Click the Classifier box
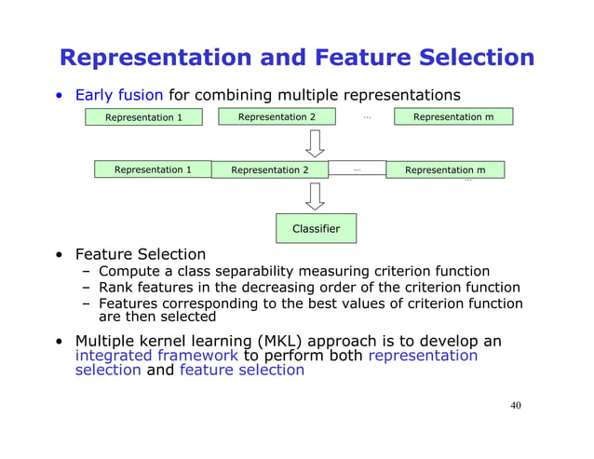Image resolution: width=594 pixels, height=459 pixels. pyautogui.click(x=316, y=228)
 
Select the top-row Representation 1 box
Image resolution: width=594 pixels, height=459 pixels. pyautogui.click(x=143, y=117)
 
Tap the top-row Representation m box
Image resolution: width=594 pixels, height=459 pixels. pyautogui.click(x=453, y=116)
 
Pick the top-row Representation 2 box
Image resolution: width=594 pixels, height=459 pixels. pyautogui.click(x=277, y=116)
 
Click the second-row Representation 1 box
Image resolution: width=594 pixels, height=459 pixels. pyautogui.click(x=153, y=169)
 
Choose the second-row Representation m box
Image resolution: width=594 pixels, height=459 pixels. pyautogui.click(x=445, y=169)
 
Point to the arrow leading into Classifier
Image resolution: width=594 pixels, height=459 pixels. pyautogui.click(x=315, y=196)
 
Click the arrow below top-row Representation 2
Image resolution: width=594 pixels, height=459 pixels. pyautogui.click(x=315, y=143)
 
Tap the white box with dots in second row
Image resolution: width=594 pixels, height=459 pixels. pyautogui.click(x=357, y=168)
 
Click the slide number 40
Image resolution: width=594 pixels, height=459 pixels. pyautogui.click(x=516, y=406)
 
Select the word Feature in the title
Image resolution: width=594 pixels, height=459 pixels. pyautogui.click(x=363, y=58)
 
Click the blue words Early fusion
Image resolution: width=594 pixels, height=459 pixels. pyautogui.click(x=119, y=95)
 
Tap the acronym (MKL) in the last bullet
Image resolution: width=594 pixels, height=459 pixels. pyautogui.click(x=279, y=341)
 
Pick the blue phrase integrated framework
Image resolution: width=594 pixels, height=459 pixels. pyautogui.click(x=156, y=356)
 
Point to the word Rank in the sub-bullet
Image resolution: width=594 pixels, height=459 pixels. pyautogui.click(x=115, y=287)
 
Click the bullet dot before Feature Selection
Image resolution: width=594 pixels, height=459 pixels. pyautogui.click(x=59, y=255)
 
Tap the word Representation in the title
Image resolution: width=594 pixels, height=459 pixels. pyautogui.click(x=155, y=58)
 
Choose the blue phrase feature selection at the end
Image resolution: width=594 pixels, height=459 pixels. pyautogui.click(x=242, y=370)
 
